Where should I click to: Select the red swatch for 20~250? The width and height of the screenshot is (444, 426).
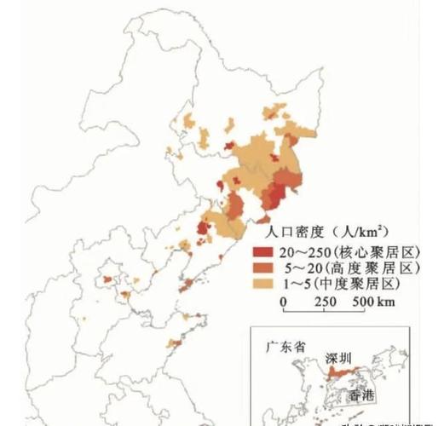point(262,253)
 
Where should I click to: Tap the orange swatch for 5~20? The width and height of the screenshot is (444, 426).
point(262,268)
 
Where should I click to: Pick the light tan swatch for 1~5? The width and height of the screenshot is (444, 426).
point(262,283)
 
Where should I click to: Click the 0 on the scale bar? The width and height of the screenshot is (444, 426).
point(285,302)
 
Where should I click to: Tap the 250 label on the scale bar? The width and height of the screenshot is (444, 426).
point(328,302)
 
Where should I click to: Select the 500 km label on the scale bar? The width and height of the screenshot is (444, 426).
point(374,302)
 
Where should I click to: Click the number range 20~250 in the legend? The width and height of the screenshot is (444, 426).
point(303,253)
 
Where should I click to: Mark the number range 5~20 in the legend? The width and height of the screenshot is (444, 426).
point(298,268)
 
